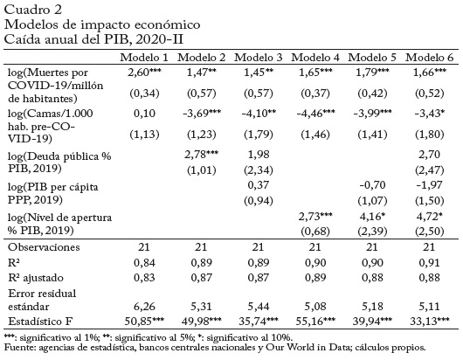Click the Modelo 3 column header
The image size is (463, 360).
pos(258,58)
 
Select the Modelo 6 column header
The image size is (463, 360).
pos(429,58)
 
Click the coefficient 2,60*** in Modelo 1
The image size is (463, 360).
pos(144,73)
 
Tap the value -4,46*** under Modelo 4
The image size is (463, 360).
pos(315,113)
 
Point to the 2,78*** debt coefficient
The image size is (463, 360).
pos(202,154)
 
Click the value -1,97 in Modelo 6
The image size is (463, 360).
pos(429,185)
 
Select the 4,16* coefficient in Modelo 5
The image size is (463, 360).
pos(372,216)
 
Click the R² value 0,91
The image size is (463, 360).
pos(429,262)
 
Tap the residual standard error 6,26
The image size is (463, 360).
pos(144,306)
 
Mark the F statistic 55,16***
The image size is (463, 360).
pos(315,321)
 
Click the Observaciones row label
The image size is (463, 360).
pos(44,247)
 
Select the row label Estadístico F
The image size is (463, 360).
pos(40,321)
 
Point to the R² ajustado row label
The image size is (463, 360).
pos(36,278)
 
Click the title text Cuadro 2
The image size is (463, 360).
pos(33,10)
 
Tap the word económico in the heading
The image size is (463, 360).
pos(168,24)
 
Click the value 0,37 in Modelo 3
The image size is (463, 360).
pos(258,185)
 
